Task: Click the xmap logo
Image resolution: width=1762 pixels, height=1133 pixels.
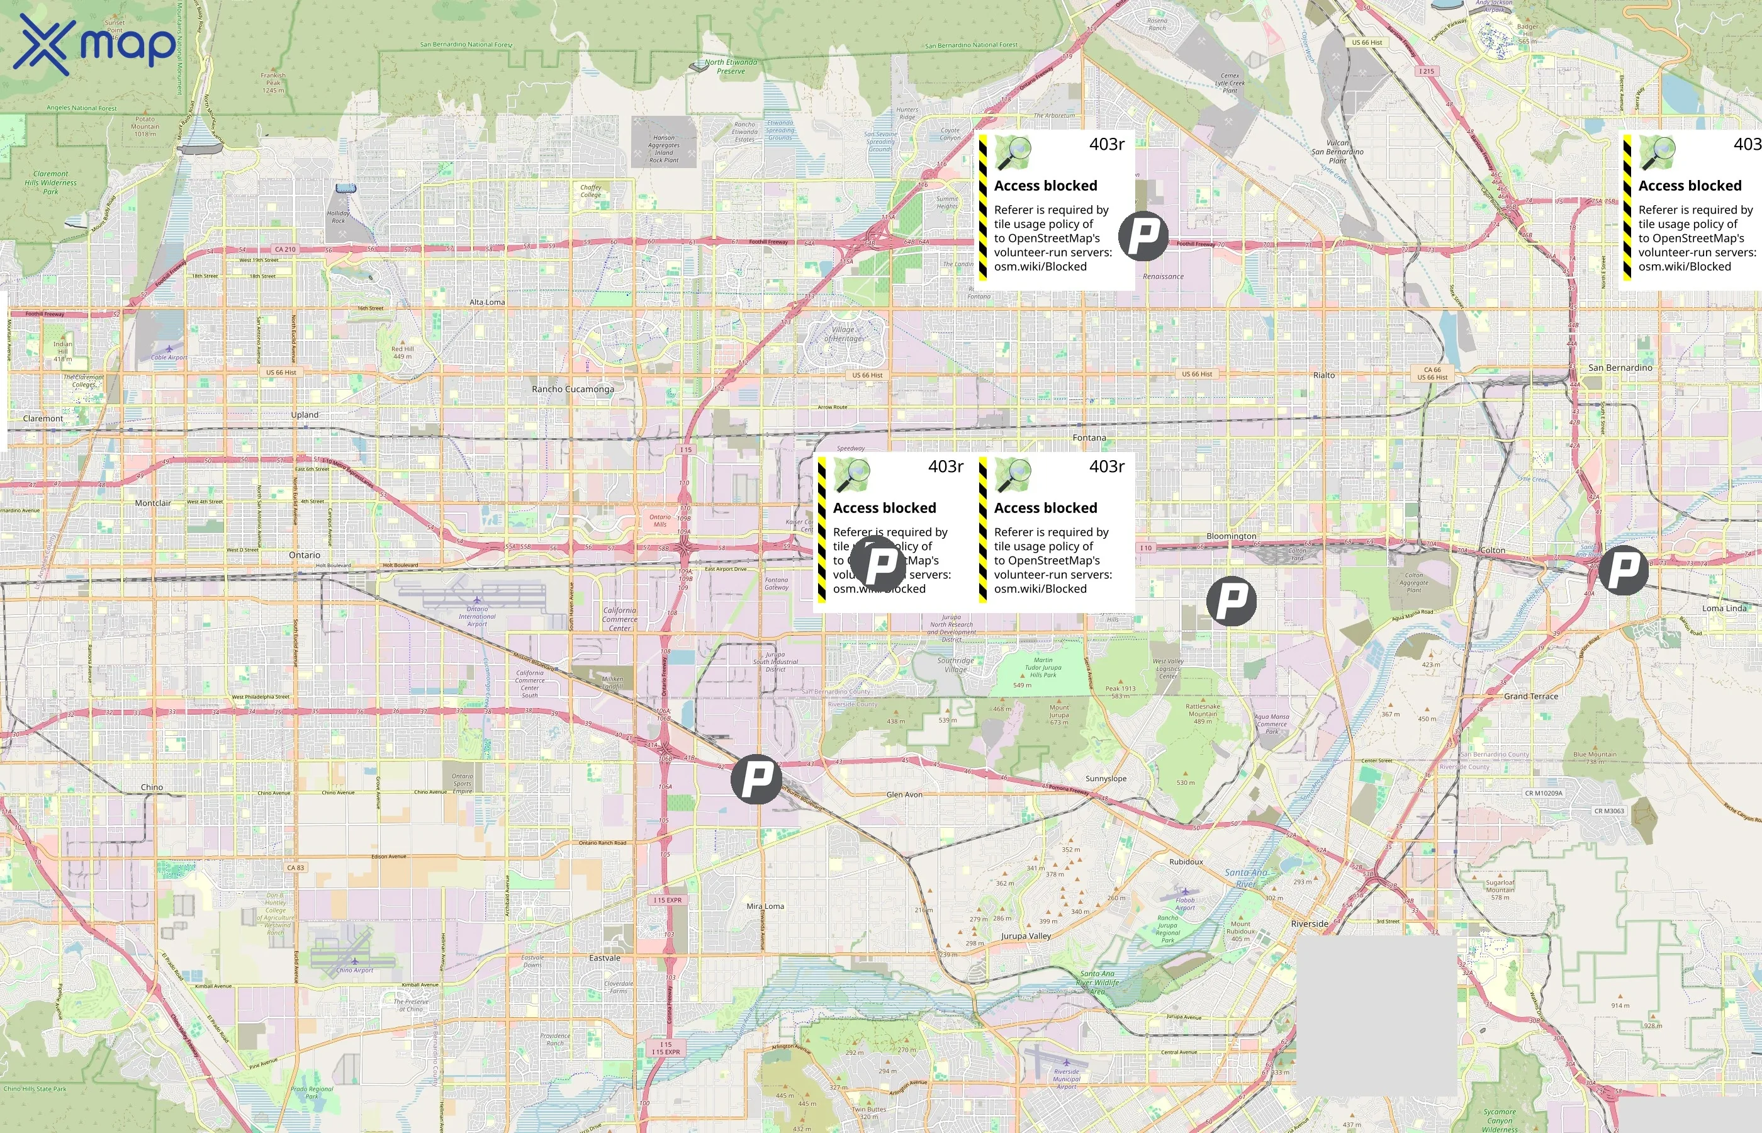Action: tap(94, 45)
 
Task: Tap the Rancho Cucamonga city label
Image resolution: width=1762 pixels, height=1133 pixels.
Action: tap(573, 389)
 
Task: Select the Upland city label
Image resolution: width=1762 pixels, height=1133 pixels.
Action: tap(305, 415)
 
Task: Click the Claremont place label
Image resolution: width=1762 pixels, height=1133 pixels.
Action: tap(43, 419)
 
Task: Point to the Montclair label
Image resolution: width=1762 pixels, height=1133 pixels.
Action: tap(153, 503)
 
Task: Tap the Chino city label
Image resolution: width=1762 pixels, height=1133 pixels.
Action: tap(152, 787)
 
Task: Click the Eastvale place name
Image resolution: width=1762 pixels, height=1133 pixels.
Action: tap(605, 958)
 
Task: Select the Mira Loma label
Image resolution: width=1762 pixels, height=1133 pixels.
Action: tap(765, 906)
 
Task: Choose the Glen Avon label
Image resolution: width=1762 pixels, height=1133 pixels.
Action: tap(904, 794)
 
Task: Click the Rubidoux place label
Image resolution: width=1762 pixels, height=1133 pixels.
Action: tap(1186, 862)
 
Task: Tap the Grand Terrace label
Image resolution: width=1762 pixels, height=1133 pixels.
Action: tap(1531, 696)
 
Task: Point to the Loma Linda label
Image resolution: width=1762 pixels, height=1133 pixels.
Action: tap(1724, 609)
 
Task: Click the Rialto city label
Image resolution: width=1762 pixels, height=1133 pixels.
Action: tap(1324, 375)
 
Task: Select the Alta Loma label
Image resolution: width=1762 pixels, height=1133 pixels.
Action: tap(488, 302)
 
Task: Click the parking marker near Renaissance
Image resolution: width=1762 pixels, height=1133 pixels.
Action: tap(1143, 235)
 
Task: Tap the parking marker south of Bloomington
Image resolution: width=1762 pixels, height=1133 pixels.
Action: tap(1232, 601)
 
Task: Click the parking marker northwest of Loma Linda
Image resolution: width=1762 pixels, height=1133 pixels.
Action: tap(1624, 570)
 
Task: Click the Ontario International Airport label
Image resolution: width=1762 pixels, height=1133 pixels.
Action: tap(477, 616)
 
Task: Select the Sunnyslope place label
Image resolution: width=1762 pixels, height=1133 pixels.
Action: tap(1106, 779)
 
